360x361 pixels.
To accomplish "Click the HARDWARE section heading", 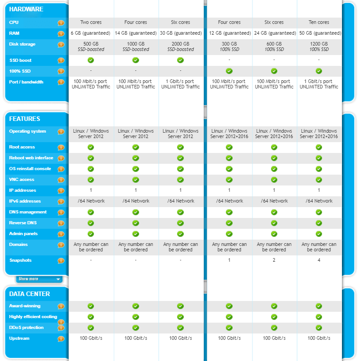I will [x=26, y=9].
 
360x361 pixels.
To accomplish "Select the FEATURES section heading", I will [x=25, y=119].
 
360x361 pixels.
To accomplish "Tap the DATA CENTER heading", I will [x=29, y=294].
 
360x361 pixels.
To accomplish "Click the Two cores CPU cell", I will [x=91, y=22].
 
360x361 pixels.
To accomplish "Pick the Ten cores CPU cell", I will [x=318, y=22].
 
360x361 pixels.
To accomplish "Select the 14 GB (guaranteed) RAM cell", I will [x=136, y=33].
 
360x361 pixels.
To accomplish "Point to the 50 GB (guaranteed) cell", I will [x=318, y=33].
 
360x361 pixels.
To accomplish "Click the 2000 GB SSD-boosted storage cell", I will [x=180, y=46].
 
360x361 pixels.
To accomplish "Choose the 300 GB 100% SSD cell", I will [x=229, y=46].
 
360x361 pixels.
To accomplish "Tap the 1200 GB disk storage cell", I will [x=318, y=46].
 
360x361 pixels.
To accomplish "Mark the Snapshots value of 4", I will [x=318, y=260].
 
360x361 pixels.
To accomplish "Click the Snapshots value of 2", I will [x=274, y=260].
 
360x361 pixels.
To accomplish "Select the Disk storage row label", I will [x=22, y=44].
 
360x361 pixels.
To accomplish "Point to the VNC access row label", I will [x=22, y=180].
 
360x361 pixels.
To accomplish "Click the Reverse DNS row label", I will [x=23, y=223].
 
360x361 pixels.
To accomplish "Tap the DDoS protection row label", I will [x=26, y=328].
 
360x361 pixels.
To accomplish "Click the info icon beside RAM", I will [x=61, y=33].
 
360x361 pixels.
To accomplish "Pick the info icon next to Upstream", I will [x=61, y=339].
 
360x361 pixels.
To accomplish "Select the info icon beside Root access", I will [x=61, y=148].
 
